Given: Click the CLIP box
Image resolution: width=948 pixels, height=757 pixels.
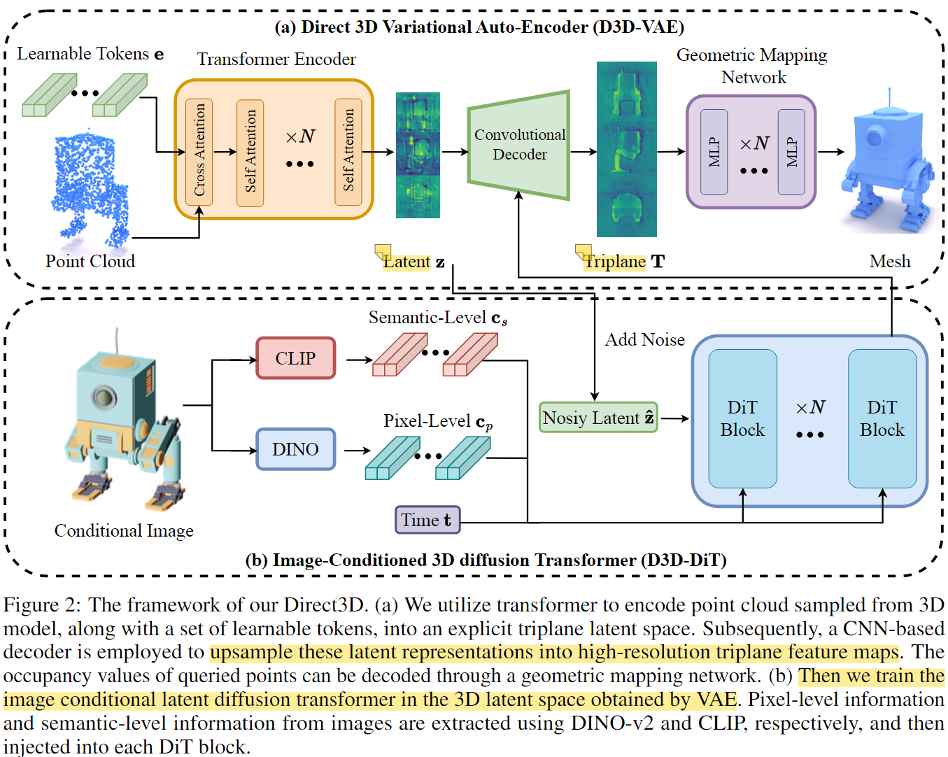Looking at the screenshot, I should tap(295, 358).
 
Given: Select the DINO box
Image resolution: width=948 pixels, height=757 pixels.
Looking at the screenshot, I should tap(295, 449).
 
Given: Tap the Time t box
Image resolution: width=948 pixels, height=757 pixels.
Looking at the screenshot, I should tap(427, 520).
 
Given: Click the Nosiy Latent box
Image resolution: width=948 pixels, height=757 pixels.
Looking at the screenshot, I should tap(598, 418).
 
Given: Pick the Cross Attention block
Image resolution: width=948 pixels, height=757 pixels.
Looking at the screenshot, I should tap(199, 150).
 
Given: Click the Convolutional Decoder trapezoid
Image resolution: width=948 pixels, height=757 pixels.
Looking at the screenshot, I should tap(519, 145).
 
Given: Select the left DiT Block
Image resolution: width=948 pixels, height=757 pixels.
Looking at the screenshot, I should tap(742, 418).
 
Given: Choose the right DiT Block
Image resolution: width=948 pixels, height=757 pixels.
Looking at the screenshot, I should tap(882, 418).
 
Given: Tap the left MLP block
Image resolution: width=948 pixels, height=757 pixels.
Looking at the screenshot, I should tap(714, 152).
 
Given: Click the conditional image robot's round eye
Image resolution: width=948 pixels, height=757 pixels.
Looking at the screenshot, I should tap(104, 397).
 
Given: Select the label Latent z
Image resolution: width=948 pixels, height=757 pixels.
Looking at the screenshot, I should tap(413, 262).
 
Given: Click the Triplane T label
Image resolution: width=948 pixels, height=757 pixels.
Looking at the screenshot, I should tap(624, 262).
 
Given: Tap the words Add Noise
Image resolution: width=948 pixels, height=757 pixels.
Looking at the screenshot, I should tap(644, 339).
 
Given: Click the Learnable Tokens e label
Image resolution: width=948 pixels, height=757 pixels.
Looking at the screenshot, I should tap(90, 54).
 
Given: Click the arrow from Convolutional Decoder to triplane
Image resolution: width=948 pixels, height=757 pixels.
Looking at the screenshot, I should tap(583, 151).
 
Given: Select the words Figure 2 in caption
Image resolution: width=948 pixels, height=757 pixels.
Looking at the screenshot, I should tap(41, 604).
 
